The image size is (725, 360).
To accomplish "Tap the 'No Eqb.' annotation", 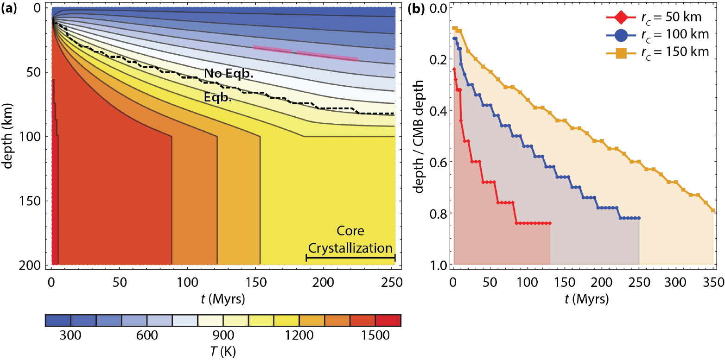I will [222, 73].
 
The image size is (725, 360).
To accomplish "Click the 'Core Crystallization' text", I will [350, 239].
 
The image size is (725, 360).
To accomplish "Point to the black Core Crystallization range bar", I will [350, 258].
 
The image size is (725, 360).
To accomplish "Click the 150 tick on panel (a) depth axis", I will [34, 201].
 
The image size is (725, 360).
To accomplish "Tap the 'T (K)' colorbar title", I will [222, 352].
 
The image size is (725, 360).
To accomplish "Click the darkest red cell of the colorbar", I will [388, 321].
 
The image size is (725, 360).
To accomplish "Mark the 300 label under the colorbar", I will [70, 335].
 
